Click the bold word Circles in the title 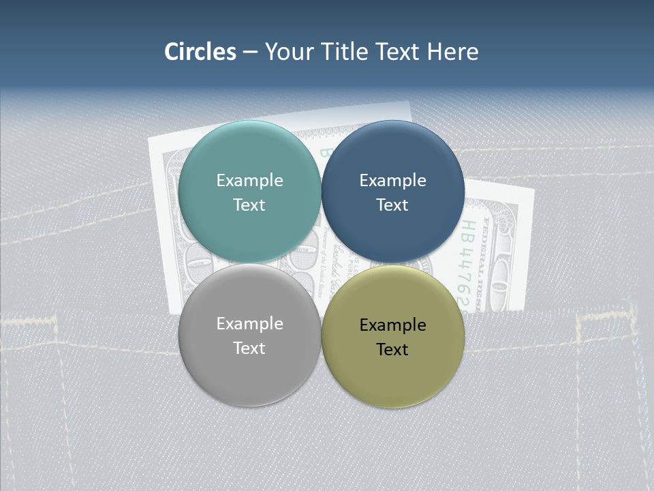pos(200,52)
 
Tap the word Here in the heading pos(453,52)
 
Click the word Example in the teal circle pos(249,181)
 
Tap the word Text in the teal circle pos(249,205)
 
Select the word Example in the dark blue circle pos(393,181)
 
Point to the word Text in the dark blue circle pos(393,205)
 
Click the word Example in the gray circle pos(249,324)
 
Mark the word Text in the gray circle pos(249,348)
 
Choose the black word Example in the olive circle pos(393,325)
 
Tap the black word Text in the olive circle pos(393,350)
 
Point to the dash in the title pos(250,53)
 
